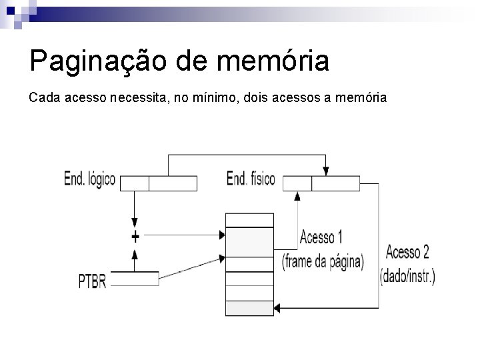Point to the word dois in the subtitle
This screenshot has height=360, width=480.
tap(258, 98)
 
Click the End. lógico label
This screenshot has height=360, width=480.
tap(89, 179)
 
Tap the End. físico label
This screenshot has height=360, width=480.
tap(251, 179)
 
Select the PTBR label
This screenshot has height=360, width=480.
tap(92, 281)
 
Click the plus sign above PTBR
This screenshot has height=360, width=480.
tap(135, 236)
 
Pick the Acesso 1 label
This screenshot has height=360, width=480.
tap(321, 237)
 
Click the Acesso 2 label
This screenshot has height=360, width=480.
tap(407, 252)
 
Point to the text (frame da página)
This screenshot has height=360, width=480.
tap(323, 261)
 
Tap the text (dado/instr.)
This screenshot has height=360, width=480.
tap(407, 276)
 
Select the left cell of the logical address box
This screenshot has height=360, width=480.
tap(135, 183)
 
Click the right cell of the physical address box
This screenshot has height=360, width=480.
tap(335, 183)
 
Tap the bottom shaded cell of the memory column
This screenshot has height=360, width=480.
tap(249, 308)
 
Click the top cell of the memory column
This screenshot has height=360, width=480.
tap(249, 220)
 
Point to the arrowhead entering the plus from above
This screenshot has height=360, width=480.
tap(135, 223)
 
